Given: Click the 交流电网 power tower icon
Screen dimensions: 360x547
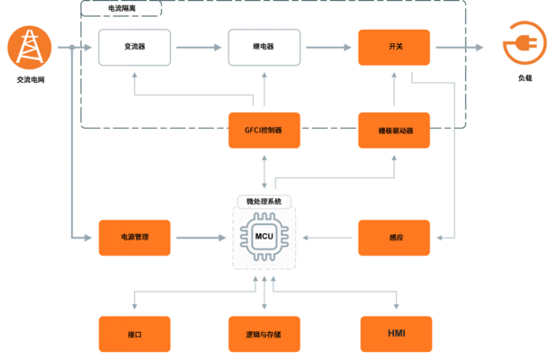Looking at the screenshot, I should pos(29,47).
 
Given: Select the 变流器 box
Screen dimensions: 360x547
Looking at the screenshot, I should pos(135,47).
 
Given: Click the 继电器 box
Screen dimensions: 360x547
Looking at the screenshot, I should pos(264,47).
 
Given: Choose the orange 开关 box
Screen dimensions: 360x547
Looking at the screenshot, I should pos(395,47).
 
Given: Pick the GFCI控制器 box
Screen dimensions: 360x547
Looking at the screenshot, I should pos(264,130).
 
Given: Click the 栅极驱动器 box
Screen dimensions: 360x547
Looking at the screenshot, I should pos(395,130).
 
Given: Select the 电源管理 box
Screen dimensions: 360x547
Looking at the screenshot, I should pos(135,238).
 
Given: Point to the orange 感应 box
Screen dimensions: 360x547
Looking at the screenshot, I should pos(395,238).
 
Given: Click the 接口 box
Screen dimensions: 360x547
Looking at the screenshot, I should pos(135,334).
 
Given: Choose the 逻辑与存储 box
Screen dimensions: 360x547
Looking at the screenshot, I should pos(264,334).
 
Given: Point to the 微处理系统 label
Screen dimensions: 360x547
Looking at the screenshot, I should pos(264,201).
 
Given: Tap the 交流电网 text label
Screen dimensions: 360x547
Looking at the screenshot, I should pos(29,78).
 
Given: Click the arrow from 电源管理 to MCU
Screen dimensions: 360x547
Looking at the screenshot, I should pos(199,238).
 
